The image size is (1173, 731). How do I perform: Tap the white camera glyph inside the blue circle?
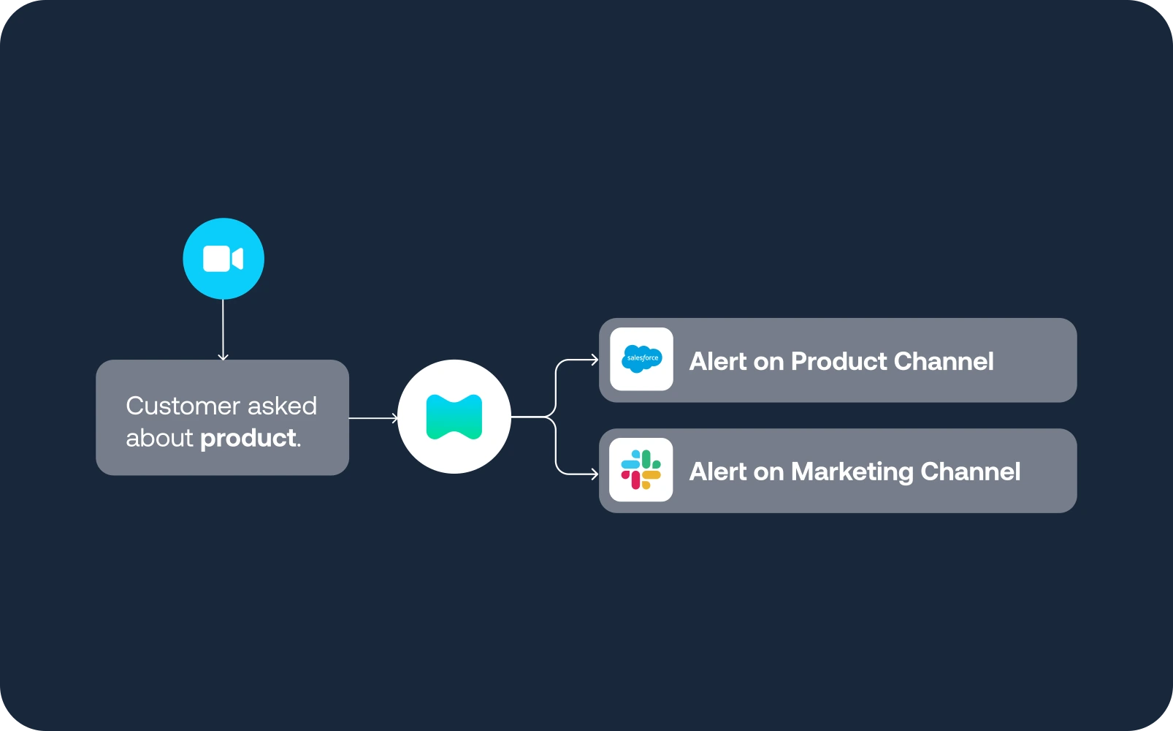(x=223, y=259)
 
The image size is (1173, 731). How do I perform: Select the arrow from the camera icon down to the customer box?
(x=223, y=329)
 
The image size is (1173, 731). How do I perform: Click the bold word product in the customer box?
(x=248, y=438)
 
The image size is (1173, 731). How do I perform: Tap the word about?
(x=159, y=438)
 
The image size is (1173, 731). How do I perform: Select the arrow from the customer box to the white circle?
(x=373, y=418)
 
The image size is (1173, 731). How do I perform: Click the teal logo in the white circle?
(x=454, y=417)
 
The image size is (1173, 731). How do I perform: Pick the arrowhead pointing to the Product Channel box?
(x=593, y=360)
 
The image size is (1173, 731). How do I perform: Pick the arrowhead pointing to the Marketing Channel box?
(x=593, y=474)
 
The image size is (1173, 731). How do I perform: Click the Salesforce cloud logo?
(x=641, y=359)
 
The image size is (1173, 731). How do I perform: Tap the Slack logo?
(x=641, y=470)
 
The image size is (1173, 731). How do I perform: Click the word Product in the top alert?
(x=838, y=361)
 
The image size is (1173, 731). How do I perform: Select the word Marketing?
(x=852, y=472)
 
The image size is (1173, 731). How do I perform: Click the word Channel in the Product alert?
(x=944, y=361)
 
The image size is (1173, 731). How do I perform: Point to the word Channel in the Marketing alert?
(x=971, y=472)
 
